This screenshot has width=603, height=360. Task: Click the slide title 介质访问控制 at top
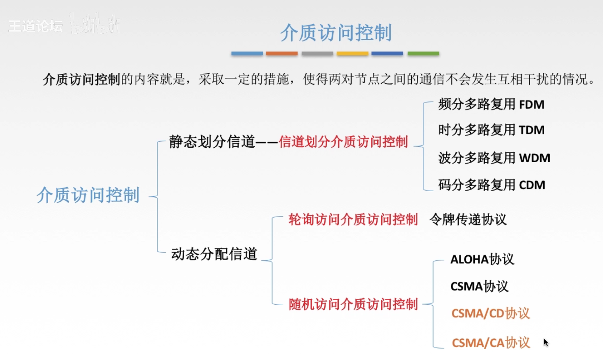336,33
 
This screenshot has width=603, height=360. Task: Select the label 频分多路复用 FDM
491,104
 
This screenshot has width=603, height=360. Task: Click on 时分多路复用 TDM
491,130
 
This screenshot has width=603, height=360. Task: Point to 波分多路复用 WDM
494,158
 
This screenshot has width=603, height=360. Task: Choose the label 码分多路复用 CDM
491,185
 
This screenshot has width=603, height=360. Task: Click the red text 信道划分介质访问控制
343,142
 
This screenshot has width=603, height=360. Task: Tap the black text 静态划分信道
212,142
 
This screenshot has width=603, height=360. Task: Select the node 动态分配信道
214,254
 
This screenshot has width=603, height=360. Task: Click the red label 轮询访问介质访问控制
353,219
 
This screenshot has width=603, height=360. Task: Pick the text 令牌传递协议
468,219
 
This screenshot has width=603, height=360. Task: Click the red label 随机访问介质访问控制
353,305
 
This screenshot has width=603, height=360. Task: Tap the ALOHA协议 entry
482,259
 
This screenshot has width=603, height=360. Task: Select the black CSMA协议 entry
479,286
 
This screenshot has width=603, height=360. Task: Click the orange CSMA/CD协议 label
490,314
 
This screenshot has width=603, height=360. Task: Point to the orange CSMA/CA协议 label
491,343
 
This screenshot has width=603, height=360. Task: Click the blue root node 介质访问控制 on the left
88,196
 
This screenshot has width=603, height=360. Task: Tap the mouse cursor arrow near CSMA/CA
546,342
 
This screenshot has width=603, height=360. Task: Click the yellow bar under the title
352,54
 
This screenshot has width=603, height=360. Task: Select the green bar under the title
423,54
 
